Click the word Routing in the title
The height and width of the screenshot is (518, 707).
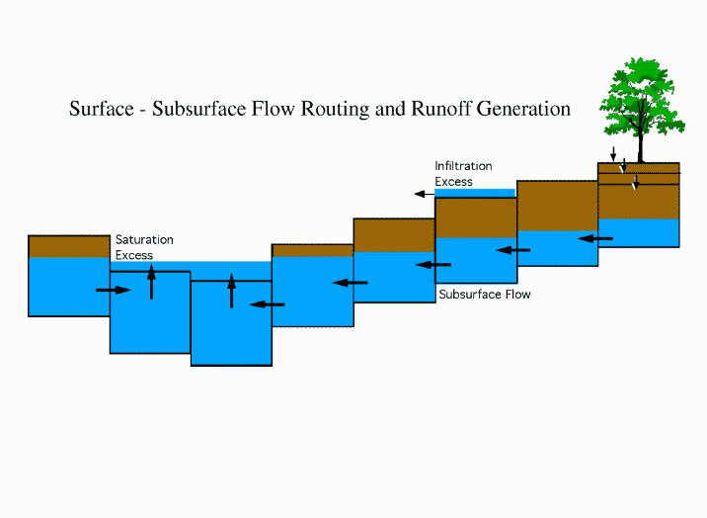tap(335, 109)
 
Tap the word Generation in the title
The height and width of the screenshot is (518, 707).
tap(523, 109)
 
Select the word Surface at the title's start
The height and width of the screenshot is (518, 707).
tap(102, 109)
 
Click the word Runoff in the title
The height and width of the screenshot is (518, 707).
tap(441, 109)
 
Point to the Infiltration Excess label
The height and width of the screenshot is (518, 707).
tap(463, 174)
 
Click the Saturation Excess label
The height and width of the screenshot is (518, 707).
tap(144, 247)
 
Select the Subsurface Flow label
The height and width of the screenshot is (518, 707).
tap(485, 295)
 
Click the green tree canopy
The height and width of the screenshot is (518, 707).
tap(641, 96)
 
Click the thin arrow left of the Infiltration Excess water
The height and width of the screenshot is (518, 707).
tap(425, 194)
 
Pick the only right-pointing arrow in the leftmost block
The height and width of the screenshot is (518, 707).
tap(114, 290)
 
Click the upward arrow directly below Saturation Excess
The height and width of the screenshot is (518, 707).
tap(151, 282)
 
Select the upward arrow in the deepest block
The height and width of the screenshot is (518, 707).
tap(232, 291)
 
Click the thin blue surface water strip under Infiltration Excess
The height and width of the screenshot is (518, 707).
tap(475, 193)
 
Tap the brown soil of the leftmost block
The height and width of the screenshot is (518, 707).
tap(69, 246)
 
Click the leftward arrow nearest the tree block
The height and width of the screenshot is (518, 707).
tap(595, 238)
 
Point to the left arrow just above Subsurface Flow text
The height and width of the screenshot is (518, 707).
tap(433, 264)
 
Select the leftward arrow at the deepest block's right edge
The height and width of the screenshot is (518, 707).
tap(268, 304)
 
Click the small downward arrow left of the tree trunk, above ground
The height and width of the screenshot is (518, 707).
tap(613, 154)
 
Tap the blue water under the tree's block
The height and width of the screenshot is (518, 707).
tap(639, 233)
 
